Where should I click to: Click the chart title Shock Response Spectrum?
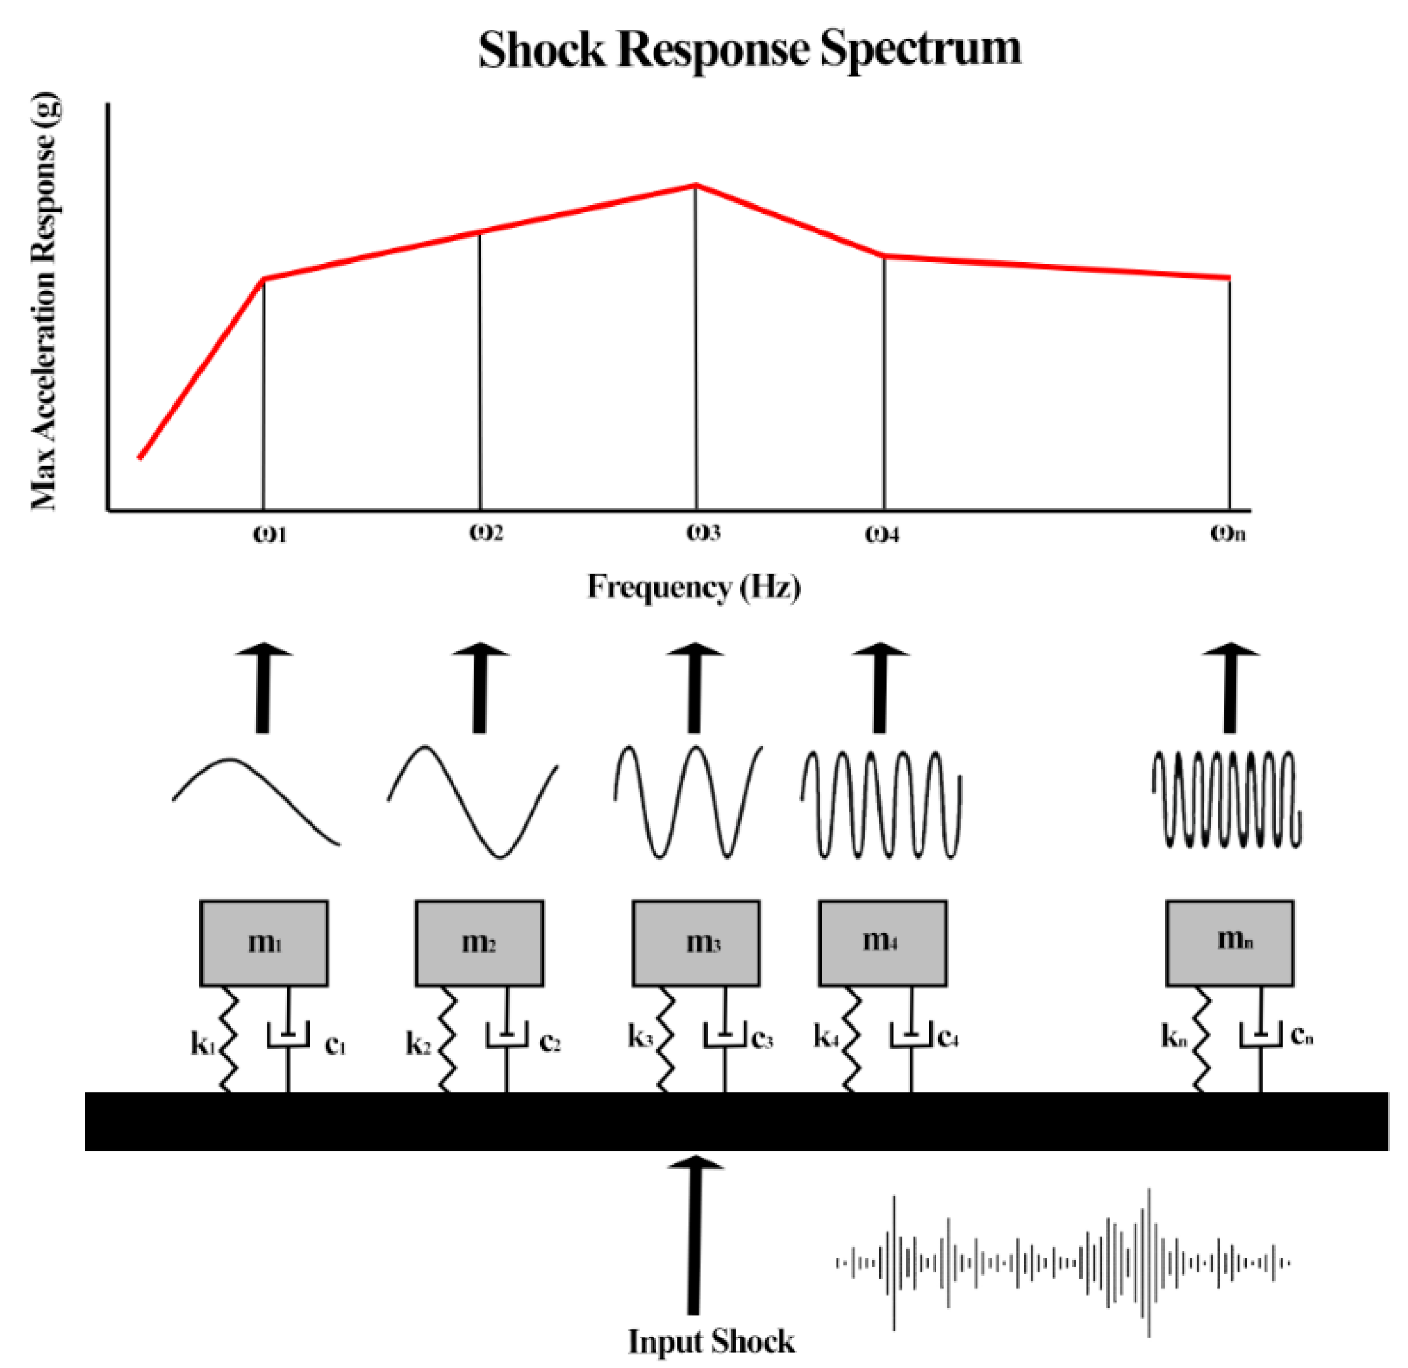[750, 50]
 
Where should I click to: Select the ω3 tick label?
[702, 533]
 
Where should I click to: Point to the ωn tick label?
[1228, 533]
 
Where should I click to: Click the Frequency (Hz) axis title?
[693, 587]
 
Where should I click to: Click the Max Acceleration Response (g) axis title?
[45, 302]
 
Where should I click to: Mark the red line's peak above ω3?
[695, 186]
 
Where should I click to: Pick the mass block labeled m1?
[264, 942]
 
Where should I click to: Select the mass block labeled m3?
[695, 942]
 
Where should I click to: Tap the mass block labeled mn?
[1229, 942]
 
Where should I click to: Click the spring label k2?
[418, 1043]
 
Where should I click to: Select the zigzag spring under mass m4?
[853, 1039]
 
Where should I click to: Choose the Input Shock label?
[711, 1340]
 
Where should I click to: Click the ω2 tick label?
[487, 533]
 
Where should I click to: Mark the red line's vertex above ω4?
[883, 256]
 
